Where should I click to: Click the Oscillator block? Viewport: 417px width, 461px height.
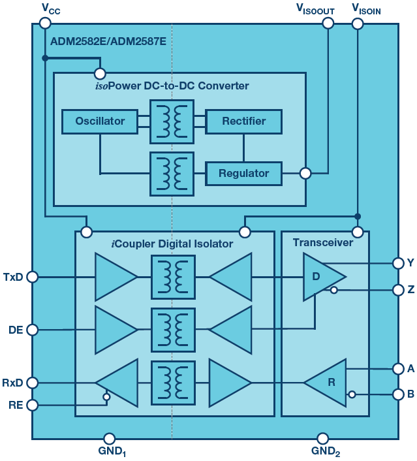(x=100, y=121)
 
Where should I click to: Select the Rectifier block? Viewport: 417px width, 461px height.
(x=243, y=121)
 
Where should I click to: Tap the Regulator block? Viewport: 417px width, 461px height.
(x=243, y=174)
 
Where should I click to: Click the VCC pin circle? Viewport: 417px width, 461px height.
(x=45, y=23)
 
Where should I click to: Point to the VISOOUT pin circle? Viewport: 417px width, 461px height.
(x=328, y=23)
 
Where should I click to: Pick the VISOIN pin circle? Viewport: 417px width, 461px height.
(x=358, y=24)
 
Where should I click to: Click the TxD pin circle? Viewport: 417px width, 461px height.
(x=33, y=277)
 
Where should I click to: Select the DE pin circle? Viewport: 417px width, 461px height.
(x=33, y=330)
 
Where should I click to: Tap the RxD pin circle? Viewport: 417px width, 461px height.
(x=33, y=383)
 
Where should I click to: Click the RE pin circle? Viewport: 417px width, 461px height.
(x=33, y=405)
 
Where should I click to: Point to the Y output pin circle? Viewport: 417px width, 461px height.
(x=398, y=263)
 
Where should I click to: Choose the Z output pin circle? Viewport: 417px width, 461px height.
(x=398, y=290)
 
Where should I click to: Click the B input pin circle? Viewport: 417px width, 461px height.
(x=398, y=394)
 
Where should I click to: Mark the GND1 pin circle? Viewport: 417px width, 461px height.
(x=110, y=439)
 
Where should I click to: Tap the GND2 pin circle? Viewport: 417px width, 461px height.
(x=322, y=439)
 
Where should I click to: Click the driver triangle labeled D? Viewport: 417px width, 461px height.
(x=320, y=277)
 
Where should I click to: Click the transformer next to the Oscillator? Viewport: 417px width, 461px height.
(x=172, y=121)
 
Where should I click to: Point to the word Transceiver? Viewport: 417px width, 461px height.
(x=323, y=243)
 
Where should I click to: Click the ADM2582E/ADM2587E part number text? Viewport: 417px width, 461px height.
(x=108, y=41)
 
